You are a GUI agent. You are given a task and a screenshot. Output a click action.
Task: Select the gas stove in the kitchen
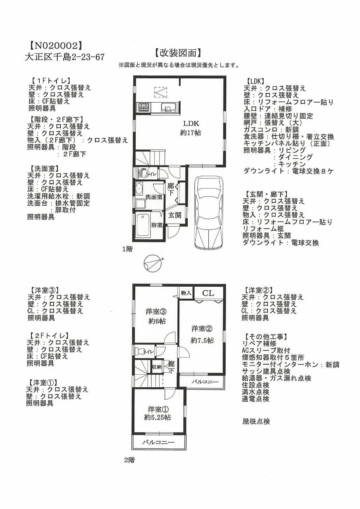(143, 107)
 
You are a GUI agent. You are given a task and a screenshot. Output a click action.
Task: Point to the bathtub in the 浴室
(142, 225)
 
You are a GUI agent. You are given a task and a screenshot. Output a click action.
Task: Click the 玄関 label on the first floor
(174, 215)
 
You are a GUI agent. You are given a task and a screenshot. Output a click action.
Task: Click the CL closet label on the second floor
(208, 293)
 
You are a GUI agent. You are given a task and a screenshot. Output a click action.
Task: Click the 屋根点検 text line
(256, 421)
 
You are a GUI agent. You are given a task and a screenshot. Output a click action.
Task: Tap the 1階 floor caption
(127, 249)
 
